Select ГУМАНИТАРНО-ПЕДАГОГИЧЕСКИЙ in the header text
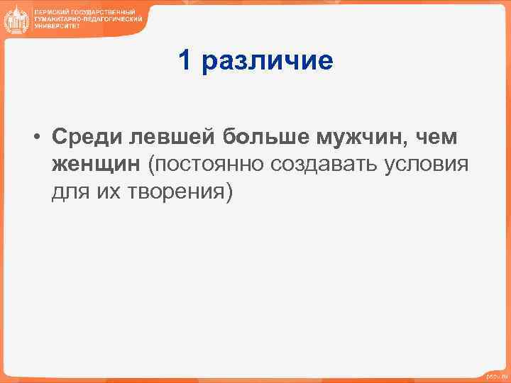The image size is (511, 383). (84, 20)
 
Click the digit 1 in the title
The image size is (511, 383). (185, 61)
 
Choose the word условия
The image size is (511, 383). (427, 165)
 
